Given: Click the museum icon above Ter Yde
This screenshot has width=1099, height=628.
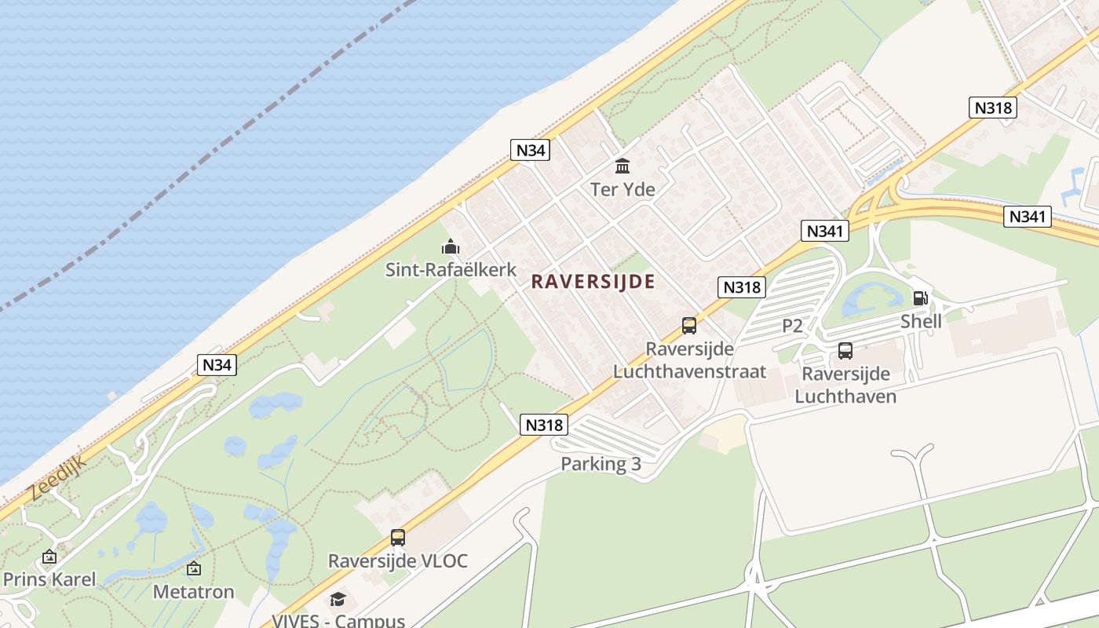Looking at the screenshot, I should coord(623,166).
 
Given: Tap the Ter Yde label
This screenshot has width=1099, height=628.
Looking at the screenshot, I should coord(623,189).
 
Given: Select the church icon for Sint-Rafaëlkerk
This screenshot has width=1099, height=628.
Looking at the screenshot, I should coord(450,247).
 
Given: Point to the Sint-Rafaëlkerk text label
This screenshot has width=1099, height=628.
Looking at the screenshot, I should coord(451,270).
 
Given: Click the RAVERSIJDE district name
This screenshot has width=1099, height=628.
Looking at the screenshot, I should coord(593,282).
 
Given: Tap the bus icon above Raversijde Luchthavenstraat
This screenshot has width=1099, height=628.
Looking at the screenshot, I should coord(688,325).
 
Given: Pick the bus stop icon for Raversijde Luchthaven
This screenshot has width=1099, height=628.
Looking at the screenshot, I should coord(845,351).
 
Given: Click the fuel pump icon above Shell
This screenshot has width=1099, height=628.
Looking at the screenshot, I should coord(920,298).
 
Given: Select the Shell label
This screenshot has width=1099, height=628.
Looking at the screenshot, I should coord(921,321).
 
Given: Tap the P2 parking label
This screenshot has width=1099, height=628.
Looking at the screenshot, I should coord(792,326).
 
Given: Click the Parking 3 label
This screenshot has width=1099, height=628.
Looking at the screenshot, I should coord(601,464).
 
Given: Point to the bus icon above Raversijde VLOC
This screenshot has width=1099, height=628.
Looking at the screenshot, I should coord(398,538).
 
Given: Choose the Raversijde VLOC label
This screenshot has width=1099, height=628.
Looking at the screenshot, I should coord(397,560).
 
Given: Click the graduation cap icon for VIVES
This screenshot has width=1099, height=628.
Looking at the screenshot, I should coord(338,600).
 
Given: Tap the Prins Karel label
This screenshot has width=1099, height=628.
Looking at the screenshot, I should coord(49,579).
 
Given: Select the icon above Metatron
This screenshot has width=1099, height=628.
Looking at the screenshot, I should coord(193,568).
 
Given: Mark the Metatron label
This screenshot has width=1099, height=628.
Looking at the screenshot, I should coord(193,591).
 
